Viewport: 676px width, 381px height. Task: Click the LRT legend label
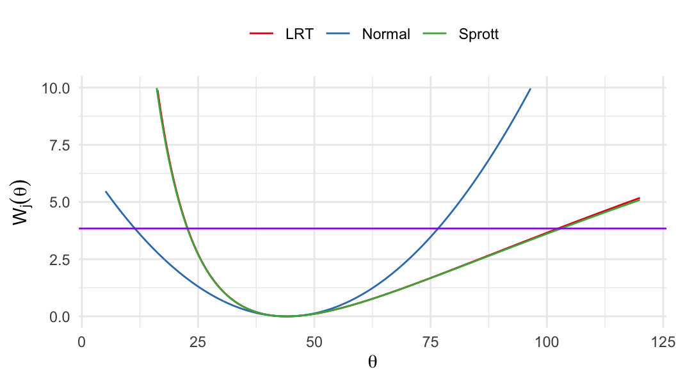(x=299, y=35)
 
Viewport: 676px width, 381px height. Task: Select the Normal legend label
(x=385, y=35)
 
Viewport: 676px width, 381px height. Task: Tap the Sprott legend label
(x=478, y=35)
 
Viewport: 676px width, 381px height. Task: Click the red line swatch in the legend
(x=262, y=35)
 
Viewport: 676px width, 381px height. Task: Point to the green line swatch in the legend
(x=435, y=35)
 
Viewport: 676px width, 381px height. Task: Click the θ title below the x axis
(x=373, y=362)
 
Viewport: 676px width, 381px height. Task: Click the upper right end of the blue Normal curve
(x=530, y=89)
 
